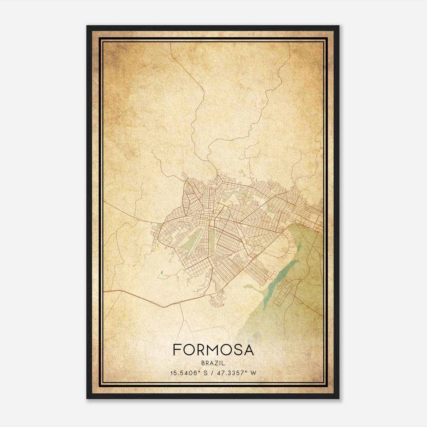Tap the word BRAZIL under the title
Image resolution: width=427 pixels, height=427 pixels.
(213, 363)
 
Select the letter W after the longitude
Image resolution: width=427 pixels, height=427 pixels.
(254, 373)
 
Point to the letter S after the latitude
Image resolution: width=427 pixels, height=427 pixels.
(205, 373)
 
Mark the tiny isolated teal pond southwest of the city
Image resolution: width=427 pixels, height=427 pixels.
(161, 272)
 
